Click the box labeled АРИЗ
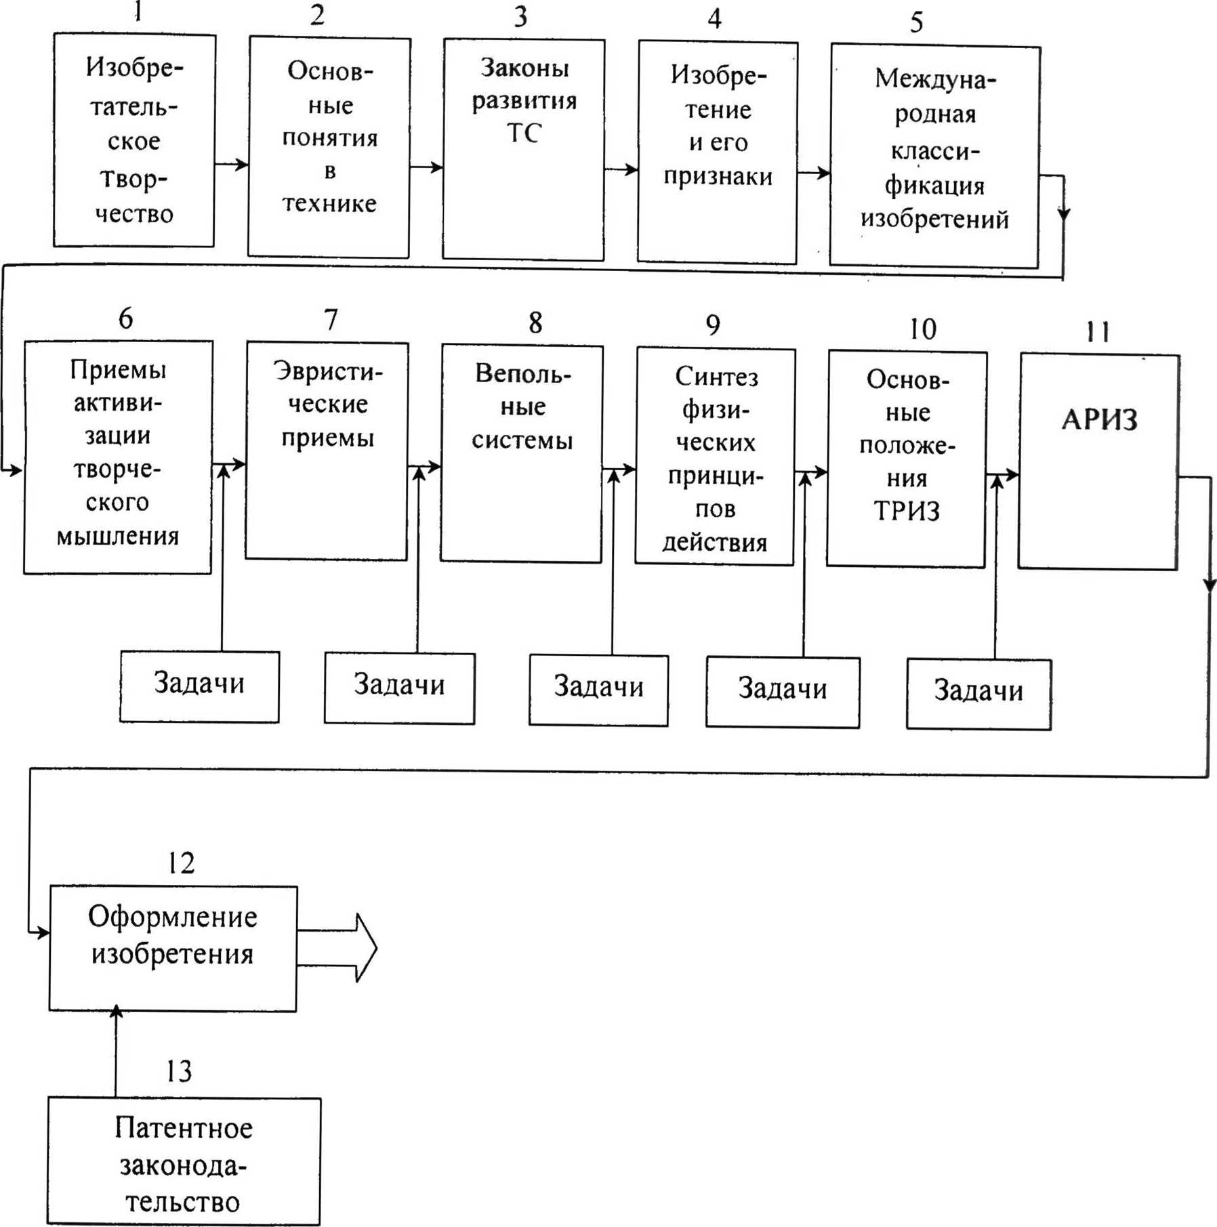click(x=1098, y=461)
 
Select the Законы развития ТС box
click(x=523, y=149)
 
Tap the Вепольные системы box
click(x=521, y=453)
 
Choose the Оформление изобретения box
click(x=173, y=948)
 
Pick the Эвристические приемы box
click(x=327, y=451)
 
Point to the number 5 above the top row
click(x=916, y=23)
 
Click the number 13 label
click(x=179, y=1071)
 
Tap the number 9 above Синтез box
click(x=713, y=325)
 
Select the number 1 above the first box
click(x=138, y=12)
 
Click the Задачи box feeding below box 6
click(x=199, y=686)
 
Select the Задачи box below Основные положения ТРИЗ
click(x=978, y=693)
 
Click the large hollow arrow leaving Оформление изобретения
click(x=339, y=947)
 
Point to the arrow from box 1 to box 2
click(x=232, y=164)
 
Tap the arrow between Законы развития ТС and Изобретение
click(x=621, y=169)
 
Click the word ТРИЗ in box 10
click(x=906, y=511)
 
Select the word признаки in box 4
click(x=718, y=176)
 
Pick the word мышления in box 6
click(x=117, y=537)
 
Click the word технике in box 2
click(x=329, y=203)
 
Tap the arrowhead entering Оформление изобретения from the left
click(x=42, y=933)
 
